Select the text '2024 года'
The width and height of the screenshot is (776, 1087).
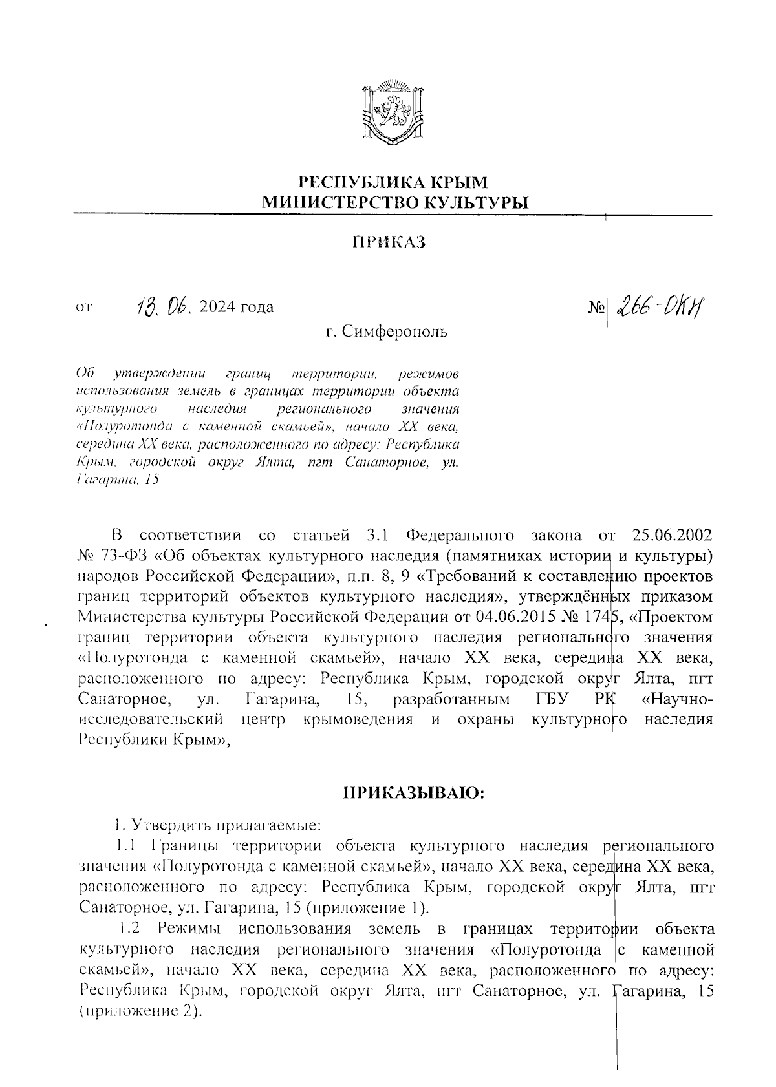(237, 307)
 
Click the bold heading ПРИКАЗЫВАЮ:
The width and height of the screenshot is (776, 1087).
(413, 793)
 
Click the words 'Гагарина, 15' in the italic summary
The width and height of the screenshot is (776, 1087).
(116, 480)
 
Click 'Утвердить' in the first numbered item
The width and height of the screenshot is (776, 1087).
(168, 825)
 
